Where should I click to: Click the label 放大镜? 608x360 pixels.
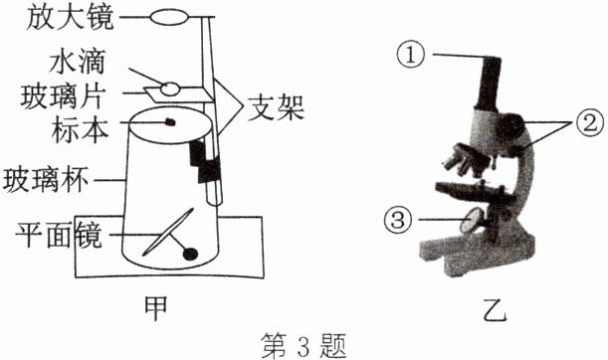[x=71, y=17]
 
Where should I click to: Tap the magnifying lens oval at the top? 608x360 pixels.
[x=170, y=17]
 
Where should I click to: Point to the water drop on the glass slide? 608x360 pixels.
[x=170, y=89]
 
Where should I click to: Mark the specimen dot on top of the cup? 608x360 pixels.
[x=170, y=122]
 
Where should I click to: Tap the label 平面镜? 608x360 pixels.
[x=59, y=235]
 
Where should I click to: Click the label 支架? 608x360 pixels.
[x=277, y=107]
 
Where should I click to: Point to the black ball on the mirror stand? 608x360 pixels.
[x=190, y=254]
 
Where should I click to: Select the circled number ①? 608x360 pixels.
[x=411, y=55]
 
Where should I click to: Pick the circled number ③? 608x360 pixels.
[x=397, y=220]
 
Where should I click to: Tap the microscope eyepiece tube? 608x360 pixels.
[x=489, y=84]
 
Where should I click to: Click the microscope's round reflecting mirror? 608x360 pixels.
[x=473, y=220]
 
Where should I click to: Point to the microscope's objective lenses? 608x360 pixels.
[x=464, y=160]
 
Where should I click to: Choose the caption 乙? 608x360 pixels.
[x=495, y=309]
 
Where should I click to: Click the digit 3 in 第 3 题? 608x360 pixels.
[x=304, y=346]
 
